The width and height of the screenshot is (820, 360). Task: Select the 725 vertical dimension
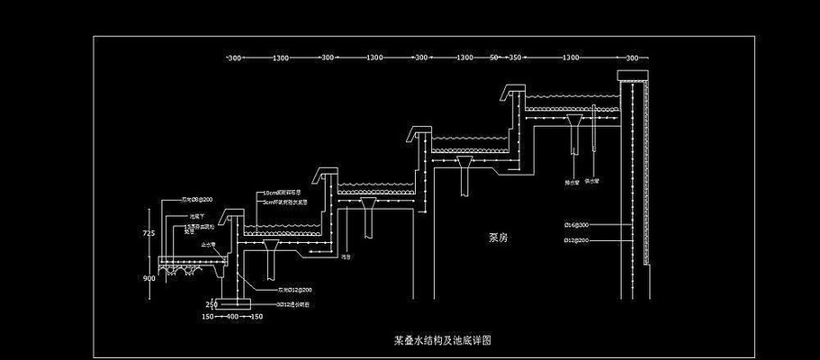click(x=149, y=233)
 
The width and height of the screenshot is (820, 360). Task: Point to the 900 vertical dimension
click(x=149, y=278)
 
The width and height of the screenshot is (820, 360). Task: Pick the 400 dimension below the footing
click(x=231, y=317)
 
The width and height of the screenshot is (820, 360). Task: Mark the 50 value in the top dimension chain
click(x=493, y=58)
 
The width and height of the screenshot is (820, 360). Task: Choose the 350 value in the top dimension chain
click(x=515, y=58)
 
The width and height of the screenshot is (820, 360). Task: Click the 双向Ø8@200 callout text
click(x=197, y=199)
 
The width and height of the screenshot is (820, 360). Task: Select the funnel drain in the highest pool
click(x=576, y=121)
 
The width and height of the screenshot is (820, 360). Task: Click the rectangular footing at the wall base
click(x=232, y=302)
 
